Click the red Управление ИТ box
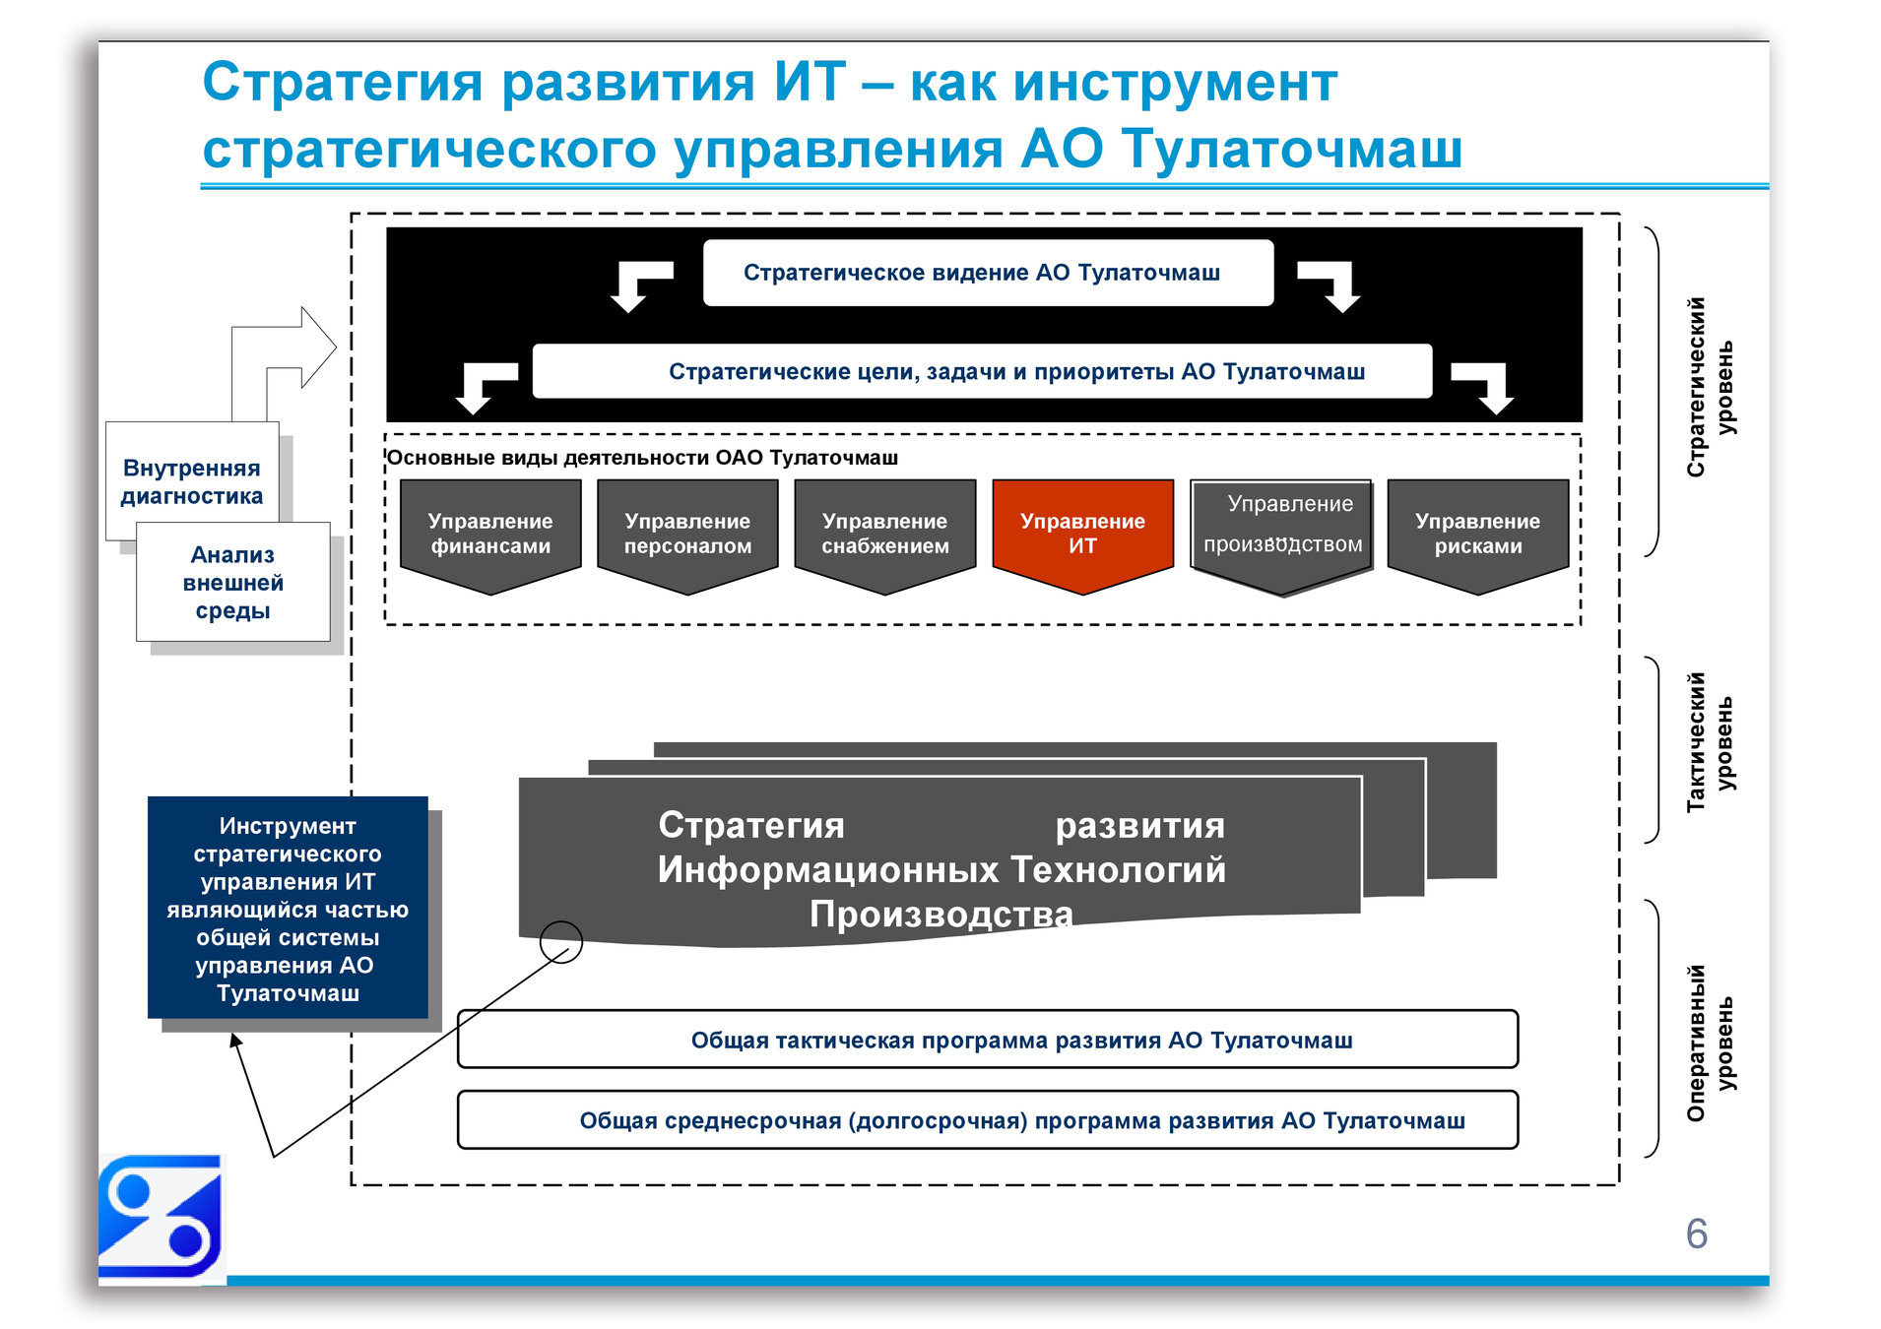coord(1082,533)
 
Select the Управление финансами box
coord(490,533)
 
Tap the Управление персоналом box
coord(687,533)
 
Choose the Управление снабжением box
coord(885,533)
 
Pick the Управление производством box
coord(1281,527)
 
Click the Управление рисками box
coord(1477,533)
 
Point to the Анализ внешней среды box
coord(233,582)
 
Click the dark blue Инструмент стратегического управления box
coord(288,908)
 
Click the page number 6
coord(1696,1234)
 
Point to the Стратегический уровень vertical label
coord(1710,387)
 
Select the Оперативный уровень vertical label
coord(1710,1042)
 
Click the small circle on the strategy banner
coord(561,942)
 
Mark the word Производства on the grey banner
coord(940,914)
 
